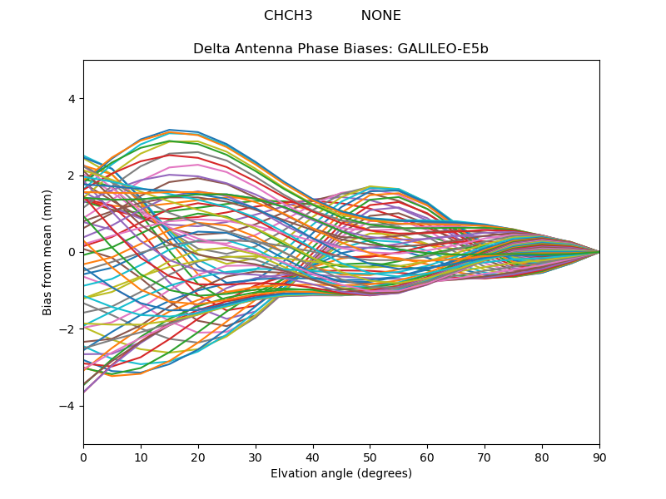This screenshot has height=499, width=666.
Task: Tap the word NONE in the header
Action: [380, 16]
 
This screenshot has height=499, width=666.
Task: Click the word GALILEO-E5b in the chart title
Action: [443, 49]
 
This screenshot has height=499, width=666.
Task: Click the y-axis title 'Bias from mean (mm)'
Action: [47, 252]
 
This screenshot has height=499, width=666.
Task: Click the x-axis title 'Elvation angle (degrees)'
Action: [341, 474]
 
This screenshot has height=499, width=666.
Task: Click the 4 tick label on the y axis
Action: [72, 99]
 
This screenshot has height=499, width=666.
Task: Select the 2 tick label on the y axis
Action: [72, 175]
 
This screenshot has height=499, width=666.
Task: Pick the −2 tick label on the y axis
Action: [68, 329]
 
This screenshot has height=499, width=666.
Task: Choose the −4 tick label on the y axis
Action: [68, 406]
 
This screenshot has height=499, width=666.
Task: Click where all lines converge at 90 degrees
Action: [599, 252]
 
